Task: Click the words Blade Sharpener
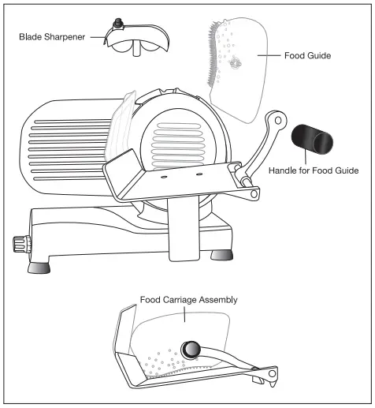(x=52, y=36)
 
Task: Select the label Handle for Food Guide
(x=314, y=170)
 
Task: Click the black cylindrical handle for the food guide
(x=312, y=141)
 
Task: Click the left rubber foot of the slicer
(x=39, y=266)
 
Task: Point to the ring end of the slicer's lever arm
(x=277, y=118)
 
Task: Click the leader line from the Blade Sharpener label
(x=98, y=36)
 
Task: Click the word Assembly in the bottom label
(x=216, y=300)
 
